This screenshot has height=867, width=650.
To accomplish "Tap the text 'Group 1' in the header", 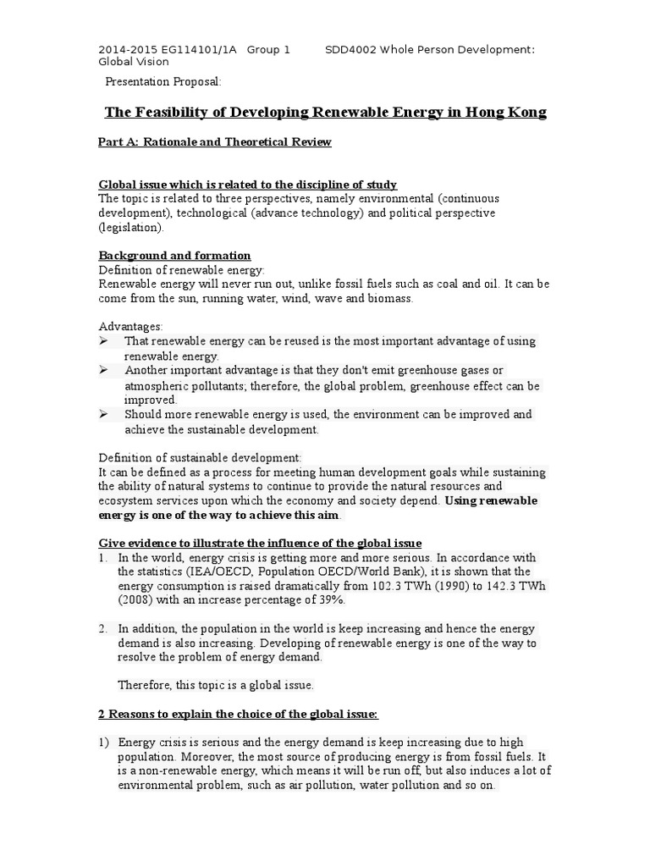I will tap(268, 50).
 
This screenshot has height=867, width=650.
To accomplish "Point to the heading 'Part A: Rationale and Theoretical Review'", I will tap(215, 142).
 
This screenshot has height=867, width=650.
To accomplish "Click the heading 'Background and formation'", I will tap(174, 255).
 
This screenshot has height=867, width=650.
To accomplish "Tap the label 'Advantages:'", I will tap(131, 326).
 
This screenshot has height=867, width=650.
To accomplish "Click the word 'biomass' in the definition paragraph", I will tap(389, 298).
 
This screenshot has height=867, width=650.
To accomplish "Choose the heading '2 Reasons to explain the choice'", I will tap(239, 715).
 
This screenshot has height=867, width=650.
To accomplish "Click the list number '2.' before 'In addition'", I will tap(103, 628).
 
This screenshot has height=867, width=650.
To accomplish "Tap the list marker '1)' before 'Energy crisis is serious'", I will tap(103, 742).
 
